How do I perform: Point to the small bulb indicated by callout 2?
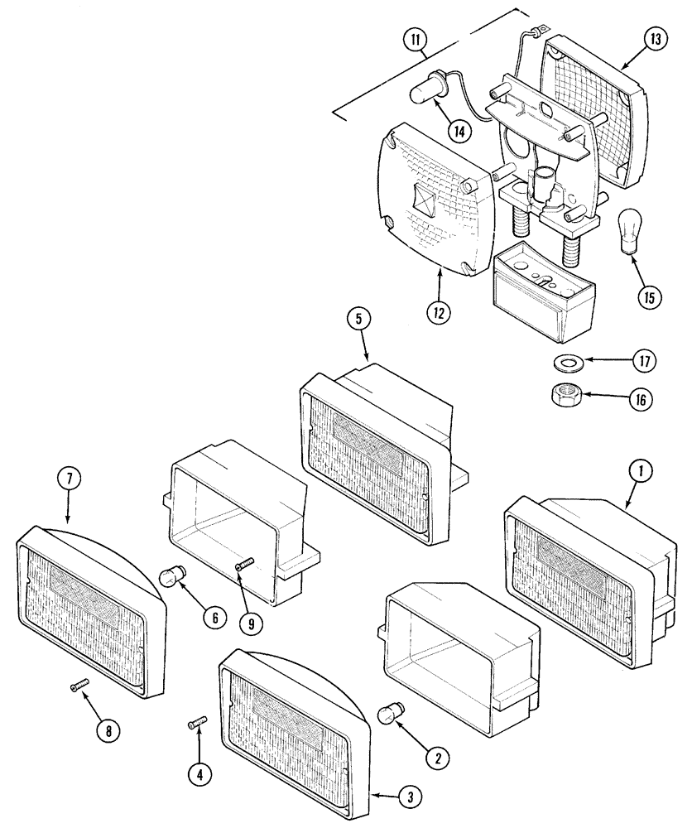[390, 714]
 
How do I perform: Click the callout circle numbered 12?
[440, 313]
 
